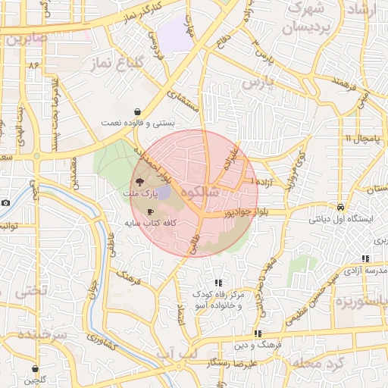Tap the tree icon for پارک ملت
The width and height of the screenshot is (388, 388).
[139, 181]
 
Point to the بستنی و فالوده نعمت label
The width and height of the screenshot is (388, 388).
[139, 122]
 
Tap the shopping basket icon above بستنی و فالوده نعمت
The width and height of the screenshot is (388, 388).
[136, 109]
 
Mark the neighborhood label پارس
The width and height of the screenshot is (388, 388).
[256, 85]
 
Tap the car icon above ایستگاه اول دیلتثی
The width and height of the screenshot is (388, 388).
[341, 207]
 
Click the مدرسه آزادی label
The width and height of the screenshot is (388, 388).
[365, 271]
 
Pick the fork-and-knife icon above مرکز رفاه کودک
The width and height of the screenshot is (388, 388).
[218, 283]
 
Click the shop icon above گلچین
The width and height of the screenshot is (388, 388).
[35, 369]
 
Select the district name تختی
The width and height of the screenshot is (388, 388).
[32, 290]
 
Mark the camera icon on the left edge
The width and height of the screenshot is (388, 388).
[5, 202]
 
